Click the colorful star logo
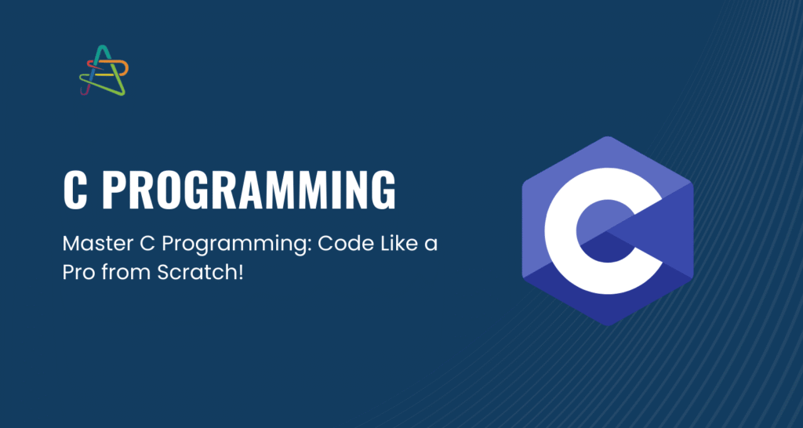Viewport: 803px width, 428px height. pos(104,70)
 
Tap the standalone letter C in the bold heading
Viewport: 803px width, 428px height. pos(74,190)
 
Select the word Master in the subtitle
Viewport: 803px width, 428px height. pos(93,245)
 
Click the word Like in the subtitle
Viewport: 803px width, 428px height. pos(386,245)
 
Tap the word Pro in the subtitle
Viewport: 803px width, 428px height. pos(78,272)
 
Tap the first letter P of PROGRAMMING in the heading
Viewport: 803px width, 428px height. pos(114,190)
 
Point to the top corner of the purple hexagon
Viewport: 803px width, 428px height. pos(608,136)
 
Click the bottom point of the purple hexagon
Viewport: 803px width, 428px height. pos(608,325)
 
